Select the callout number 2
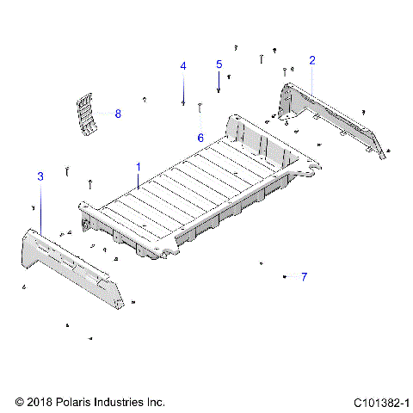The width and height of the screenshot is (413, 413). point(311,60)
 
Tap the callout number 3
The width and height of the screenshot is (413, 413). point(40,176)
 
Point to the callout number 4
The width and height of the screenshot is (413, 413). point(182,66)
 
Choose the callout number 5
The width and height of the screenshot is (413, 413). point(219,65)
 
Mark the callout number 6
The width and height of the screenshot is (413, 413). point(200,138)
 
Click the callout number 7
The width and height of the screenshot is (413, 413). point(303,276)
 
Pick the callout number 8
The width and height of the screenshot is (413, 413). point(118,114)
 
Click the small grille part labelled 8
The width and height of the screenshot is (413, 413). point(86,114)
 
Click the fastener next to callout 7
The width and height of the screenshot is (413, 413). point(284,276)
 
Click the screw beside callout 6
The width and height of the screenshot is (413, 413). point(200,108)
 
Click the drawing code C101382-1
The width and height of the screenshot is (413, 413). point(381,402)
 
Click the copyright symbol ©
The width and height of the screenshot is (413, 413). point(21,402)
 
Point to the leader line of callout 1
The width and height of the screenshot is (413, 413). point(139,178)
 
